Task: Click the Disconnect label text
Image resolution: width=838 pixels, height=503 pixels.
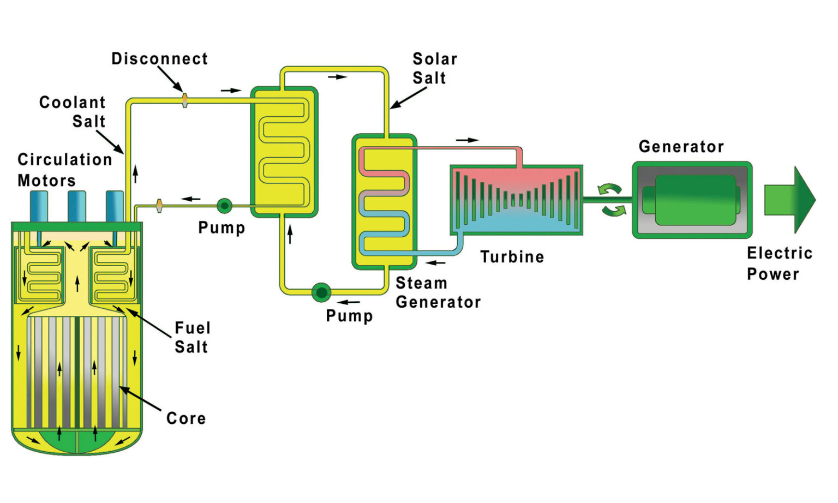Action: pyautogui.click(x=159, y=59)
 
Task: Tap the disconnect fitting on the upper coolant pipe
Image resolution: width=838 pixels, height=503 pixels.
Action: pyautogui.click(x=185, y=100)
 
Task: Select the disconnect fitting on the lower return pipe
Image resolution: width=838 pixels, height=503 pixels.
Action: pyautogui.click(x=159, y=206)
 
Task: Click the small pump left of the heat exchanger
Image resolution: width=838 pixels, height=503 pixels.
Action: pyautogui.click(x=224, y=206)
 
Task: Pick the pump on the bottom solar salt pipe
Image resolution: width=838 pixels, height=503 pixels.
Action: pyautogui.click(x=321, y=292)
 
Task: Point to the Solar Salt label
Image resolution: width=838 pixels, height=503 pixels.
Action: pyautogui.click(x=434, y=68)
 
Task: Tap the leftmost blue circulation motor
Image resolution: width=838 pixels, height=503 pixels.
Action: pyautogui.click(x=39, y=206)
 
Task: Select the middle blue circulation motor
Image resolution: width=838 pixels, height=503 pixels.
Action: pyautogui.click(x=77, y=206)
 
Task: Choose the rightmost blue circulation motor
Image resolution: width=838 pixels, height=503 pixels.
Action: pyautogui.click(x=115, y=206)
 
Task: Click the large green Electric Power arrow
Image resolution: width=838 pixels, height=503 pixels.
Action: pyautogui.click(x=789, y=200)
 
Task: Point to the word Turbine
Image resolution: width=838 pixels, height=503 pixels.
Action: pyautogui.click(x=512, y=257)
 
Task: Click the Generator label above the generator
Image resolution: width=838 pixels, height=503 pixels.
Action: pyautogui.click(x=681, y=147)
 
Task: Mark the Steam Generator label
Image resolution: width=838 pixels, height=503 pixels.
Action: pyautogui.click(x=438, y=292)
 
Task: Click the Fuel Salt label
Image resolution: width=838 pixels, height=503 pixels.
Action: pyautogui.click(x=192, y=337)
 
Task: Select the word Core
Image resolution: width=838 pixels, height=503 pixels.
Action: pyautogui.click(x=186, y=418)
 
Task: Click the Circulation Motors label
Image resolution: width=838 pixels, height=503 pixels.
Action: pyautogui.click(x=64, y=170)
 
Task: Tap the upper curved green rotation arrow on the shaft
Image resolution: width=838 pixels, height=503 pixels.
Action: pyautogui.click(x=609, y=189)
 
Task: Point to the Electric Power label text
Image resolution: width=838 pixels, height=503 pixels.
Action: pyautogui.click(x=779, y=264)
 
